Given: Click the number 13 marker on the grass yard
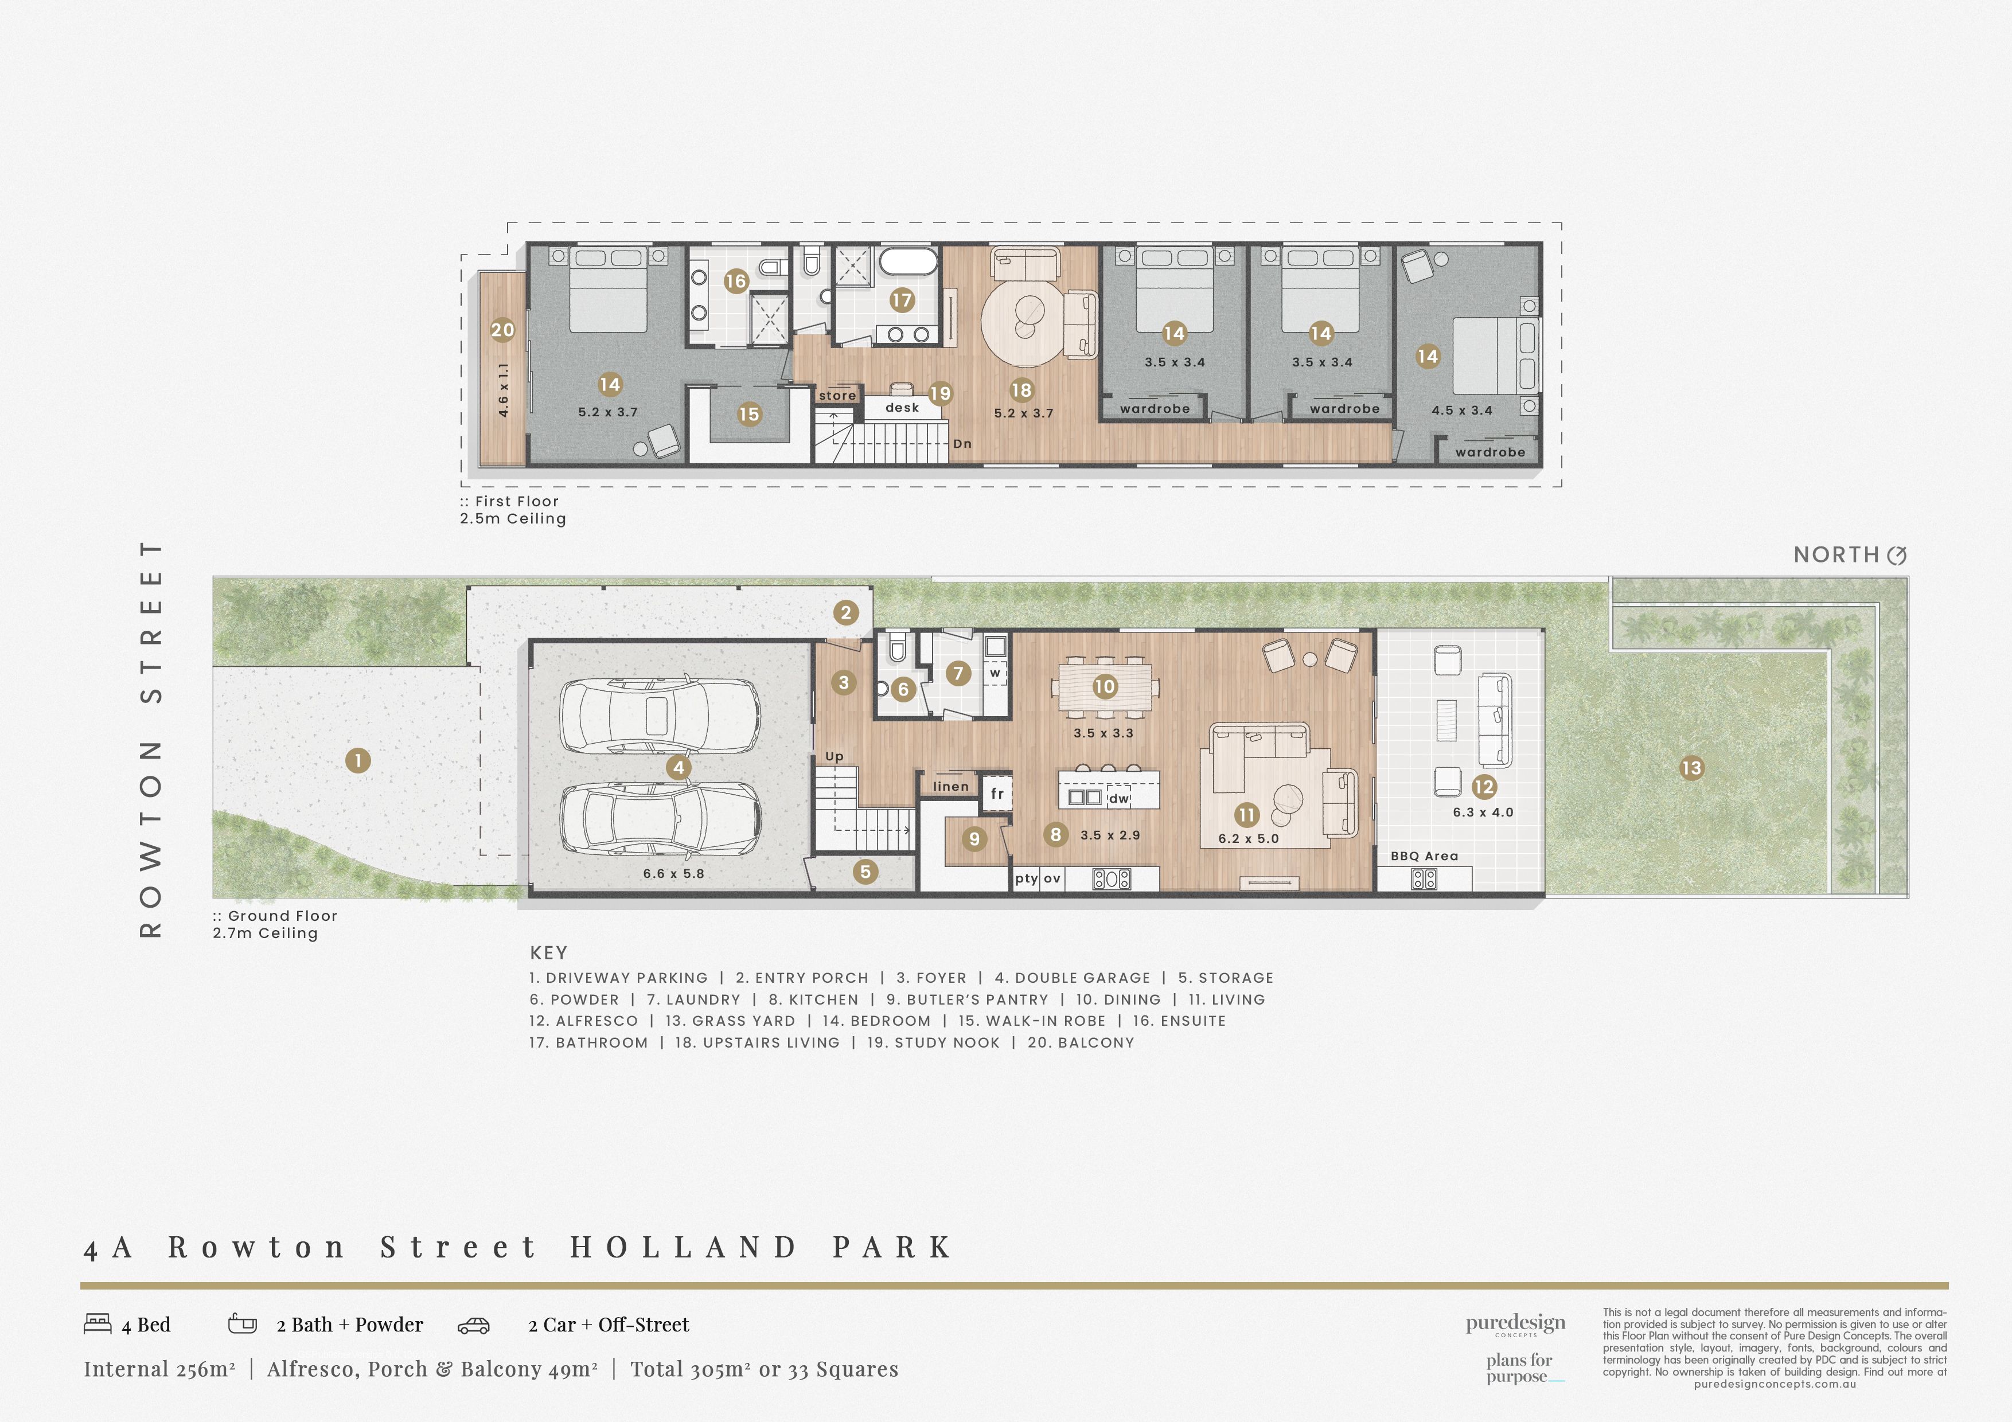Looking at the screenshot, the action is [x=1691, y=768].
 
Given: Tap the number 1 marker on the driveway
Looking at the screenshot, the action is [x=357, y=760].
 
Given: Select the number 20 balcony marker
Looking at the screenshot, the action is [x=502, y=330].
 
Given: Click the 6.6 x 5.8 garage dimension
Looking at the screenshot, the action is [x=673, y=873].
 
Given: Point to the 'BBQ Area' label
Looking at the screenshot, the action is [x=1425, y=856].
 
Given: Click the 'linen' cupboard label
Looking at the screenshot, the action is [x=951, y=786].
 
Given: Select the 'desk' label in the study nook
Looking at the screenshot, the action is [x=902, y=408].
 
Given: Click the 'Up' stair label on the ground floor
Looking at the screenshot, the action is [x=835, y=756].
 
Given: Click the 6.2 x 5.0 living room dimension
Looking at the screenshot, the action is [x=1248, y=838].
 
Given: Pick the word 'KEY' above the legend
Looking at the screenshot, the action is [x=548, y=952].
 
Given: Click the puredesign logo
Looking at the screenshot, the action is [x=1515, y=1324].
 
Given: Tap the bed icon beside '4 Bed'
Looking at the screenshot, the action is [x=98, y=1323].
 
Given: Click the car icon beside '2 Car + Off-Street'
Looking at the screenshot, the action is [x=473, y=1326].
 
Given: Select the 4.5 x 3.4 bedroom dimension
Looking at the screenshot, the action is [x=1461, y=410].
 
